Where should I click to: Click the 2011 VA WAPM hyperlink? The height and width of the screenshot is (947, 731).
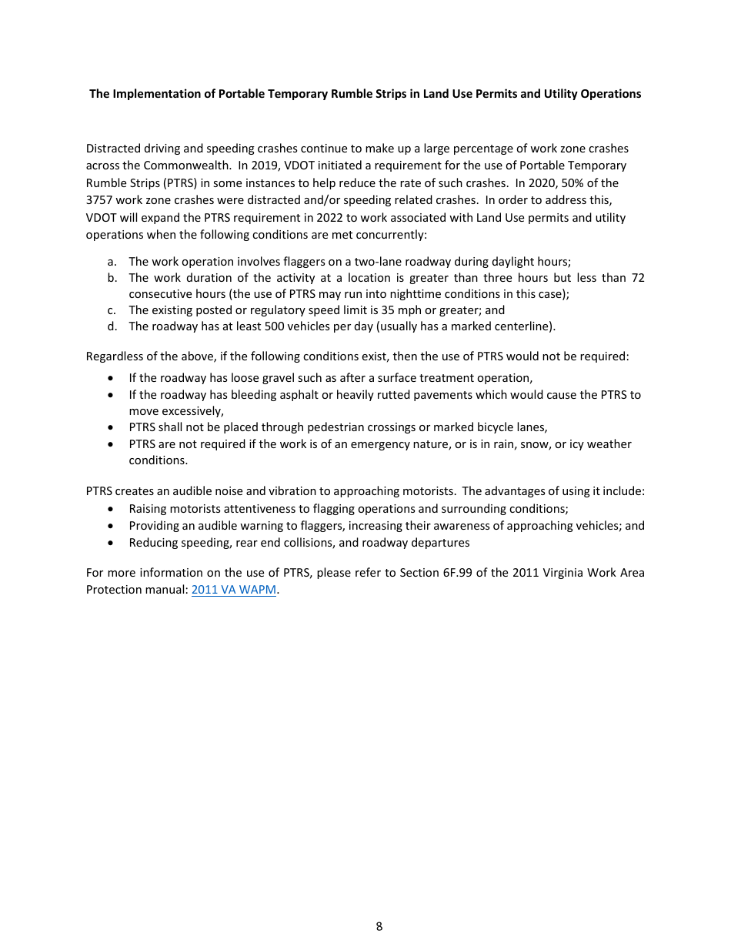pos(233,590)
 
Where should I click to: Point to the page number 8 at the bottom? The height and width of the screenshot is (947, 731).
pos(379,926)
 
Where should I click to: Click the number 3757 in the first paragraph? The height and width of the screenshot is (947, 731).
pos(101,200)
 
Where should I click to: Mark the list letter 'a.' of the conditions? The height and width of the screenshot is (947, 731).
pos(112,262)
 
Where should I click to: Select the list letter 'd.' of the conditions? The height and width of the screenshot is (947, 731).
pos(112,326)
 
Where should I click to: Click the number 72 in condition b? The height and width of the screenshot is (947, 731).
pos(637,277)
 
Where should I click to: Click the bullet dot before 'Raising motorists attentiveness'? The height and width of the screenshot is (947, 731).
pos(113,509)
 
